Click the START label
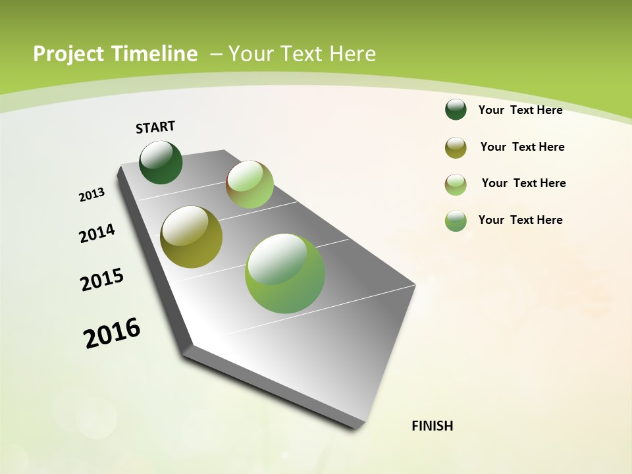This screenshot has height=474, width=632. (155, 127)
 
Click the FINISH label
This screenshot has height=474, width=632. (432, 426)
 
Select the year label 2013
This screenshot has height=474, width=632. (92, 195)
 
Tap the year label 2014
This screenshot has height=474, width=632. (97, 233)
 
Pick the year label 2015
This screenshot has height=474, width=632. (102, 280)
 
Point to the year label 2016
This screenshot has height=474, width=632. (112, 333)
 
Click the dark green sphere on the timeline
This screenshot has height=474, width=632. (161, 163)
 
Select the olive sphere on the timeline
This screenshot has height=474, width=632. (191, 237)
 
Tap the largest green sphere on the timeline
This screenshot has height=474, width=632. (285, 273)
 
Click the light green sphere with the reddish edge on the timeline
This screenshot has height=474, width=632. (250, 184)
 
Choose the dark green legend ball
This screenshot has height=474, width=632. (456, 109)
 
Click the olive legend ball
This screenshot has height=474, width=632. (456, 147)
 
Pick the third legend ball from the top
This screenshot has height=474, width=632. (456, 184)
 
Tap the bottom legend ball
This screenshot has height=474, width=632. (456, 221)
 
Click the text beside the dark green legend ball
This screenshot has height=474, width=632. (520, 110)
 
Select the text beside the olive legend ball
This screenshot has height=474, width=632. (522, 147)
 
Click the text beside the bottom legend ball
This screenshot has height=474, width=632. (520, 220)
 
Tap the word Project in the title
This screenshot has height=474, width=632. (67, 54)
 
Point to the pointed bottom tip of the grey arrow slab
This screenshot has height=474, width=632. (359, 427)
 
